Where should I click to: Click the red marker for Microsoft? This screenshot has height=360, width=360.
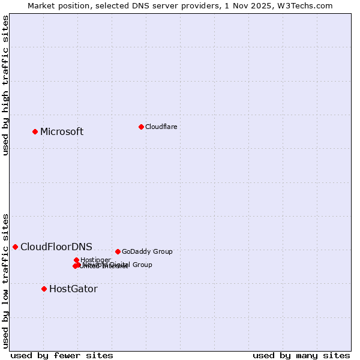click(x=35, y=131)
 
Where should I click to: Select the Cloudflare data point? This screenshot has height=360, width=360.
click(x=141, y=127)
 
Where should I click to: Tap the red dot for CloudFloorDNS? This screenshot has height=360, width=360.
click(x=15, y=247)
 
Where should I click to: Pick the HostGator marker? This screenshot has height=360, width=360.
click(x=44, y=289)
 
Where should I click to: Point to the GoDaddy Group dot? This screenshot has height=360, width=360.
click(x=118, y=251)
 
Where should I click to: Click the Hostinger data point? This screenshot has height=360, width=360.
click(x=76, y=260)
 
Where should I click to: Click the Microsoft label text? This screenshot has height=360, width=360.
click(x=62, y=132)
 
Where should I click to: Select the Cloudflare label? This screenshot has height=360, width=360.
click(x=161, y=127)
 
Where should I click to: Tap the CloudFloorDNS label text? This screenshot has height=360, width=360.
click(x=56, y=247)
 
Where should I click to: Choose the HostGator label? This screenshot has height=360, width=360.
click(x=73, y=289)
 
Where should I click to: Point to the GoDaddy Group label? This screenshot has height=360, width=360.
click(x=147, y=252)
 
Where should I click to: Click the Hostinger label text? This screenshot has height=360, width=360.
click(x=95, y=260)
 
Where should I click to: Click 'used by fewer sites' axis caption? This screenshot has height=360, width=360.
click(x=62, y=355)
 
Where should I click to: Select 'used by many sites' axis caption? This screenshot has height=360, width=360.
click(x=301, y=355)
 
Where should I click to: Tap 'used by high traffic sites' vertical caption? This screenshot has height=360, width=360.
click(x=6, y=85)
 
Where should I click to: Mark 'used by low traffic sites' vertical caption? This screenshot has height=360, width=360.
click(x=6, y=280)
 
